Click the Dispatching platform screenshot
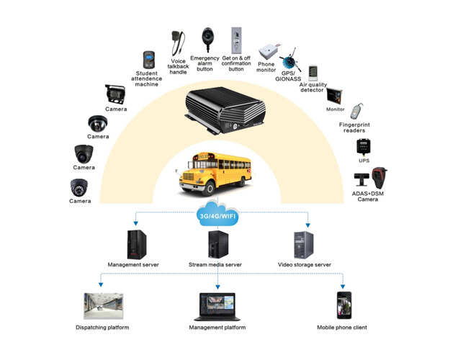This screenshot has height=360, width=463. [102, 305]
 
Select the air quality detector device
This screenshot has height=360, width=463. [313, 75]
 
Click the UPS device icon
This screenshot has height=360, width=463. [364, 147]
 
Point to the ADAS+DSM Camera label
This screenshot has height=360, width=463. [367, 196]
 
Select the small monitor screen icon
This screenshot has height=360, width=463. [334, 96]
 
